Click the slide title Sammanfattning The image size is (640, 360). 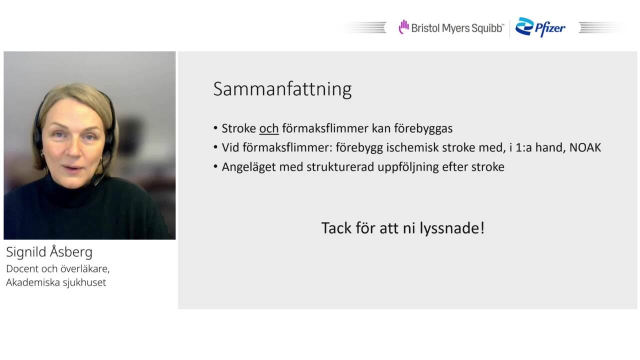(x=282, y=89)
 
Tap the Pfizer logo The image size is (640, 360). (x=540, y=27)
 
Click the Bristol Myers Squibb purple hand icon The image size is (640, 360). (x=403, y=27)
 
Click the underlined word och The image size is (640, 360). (x=269, y=128)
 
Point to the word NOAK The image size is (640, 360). (x=585, y=147)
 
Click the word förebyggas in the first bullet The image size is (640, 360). (x=423, y=129)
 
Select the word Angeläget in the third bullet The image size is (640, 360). (x=248, y=167)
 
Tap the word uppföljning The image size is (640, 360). (x=408, y=167)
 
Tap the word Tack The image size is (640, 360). (x=336, y=228)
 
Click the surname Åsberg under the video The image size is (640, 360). (x=71, y=251)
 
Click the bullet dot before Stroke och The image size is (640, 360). (x=215, y=128)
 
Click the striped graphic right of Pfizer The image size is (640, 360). (x=600, y=27)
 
